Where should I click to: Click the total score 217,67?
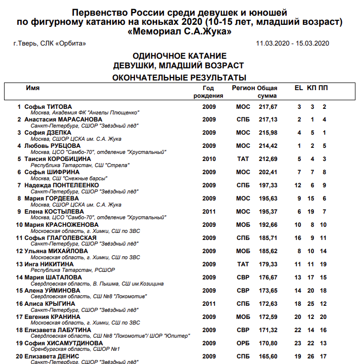pyautogui.click(x=267, y=107)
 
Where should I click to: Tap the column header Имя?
pyautogui.click(x=33, y=88)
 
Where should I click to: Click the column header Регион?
pyautogui.click(x=243, y=88)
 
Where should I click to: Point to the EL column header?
pyautogui.click(x=299, y=88)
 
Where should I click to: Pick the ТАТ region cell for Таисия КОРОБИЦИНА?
pyautogui.click(x=243, y=159)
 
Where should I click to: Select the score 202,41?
pyautogui.click(x=267, y=172)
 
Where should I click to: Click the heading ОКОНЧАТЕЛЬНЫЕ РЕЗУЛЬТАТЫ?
pyautogui.click(x=179, y=77)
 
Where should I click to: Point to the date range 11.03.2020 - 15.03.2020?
pyautogui.click(x=293, y=44)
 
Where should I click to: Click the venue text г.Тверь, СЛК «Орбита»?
pyautogui.click(x=50, y=44)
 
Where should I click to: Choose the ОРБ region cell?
pyautogui.click(x=243, y=343)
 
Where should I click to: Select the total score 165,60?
pyautogui.click(x=267, y=356)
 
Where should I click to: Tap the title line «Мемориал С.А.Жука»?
pyautogui.click(x=179, y=32)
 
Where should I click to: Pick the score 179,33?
pyautogui.click(x=267, y=264)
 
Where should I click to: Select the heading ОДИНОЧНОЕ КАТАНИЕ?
pyautogui.click(x=179, y=56)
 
